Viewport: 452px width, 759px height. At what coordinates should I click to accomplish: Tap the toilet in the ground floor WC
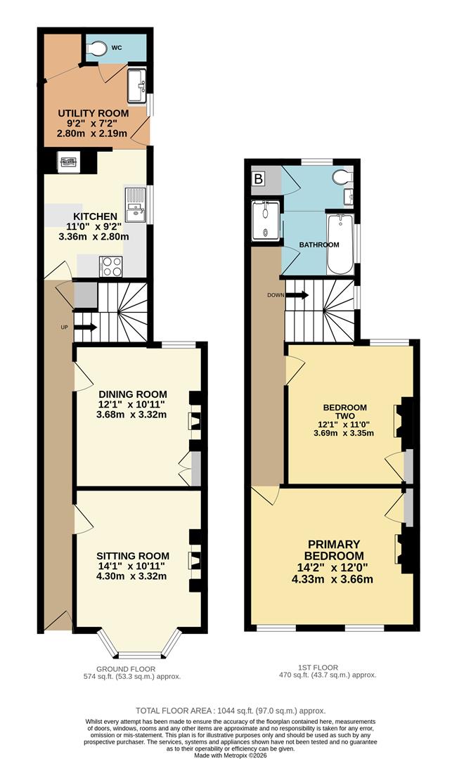tap(99, 46)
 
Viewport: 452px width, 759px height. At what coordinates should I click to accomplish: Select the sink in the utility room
tap(136, 85)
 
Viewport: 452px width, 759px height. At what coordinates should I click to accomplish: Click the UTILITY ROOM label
tap(93, 113)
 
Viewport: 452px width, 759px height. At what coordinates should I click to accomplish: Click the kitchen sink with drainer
tap(134, 205)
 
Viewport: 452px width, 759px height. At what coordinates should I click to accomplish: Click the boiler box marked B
tap(259, 180)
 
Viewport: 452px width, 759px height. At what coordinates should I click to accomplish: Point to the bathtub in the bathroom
tap(341, 243)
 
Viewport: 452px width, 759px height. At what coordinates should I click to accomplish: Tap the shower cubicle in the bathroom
tap(266, 219)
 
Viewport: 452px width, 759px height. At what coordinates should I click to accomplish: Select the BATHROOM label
tap(319, 245)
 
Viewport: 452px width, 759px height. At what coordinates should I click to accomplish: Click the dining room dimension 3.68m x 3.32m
tap(132, 414)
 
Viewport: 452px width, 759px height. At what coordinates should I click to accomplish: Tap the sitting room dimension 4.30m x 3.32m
tap(131, 576)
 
